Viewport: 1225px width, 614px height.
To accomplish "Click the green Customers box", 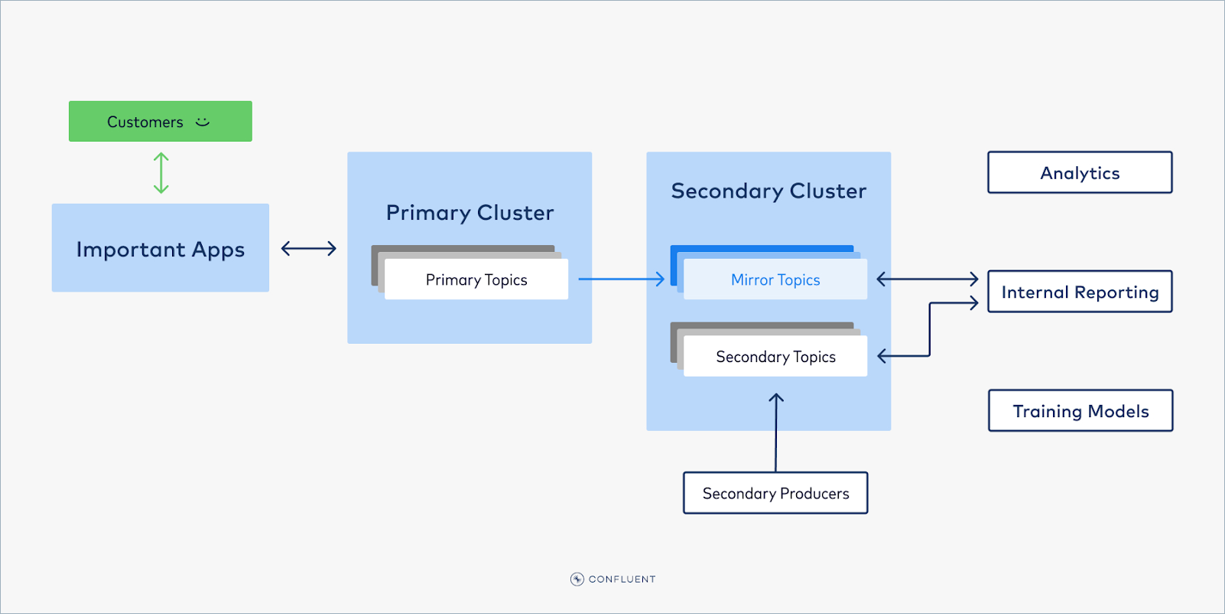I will point(145,122).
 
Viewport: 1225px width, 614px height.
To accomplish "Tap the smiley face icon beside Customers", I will point(203,122).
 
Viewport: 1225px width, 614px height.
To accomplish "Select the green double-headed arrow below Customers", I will point(161,173).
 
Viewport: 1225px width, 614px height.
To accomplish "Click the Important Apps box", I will point(160,248).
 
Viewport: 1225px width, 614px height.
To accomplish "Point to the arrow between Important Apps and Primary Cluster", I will point(308,248).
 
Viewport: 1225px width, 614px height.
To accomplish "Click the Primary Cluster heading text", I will point(470,213).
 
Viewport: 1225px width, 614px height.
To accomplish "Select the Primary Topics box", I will point(476,279).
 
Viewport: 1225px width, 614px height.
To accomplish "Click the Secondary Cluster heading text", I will point(768,191).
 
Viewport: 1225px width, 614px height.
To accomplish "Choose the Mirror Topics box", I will point(775,279).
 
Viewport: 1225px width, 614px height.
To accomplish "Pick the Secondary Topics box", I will point(775,357).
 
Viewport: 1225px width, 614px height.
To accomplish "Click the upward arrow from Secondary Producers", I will point(775,433).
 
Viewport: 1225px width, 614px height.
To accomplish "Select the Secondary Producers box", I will point(775,493).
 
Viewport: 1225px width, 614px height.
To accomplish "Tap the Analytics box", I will point(1079,173).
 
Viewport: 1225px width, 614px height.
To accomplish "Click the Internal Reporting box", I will point(1079,292).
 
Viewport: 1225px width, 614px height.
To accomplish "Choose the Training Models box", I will point(1080,411).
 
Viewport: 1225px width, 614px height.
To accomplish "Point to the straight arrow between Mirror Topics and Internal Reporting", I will point(927,279).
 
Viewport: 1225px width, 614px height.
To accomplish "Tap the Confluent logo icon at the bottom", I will point(577,579).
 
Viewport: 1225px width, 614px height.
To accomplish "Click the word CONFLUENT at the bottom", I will point(622,580).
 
